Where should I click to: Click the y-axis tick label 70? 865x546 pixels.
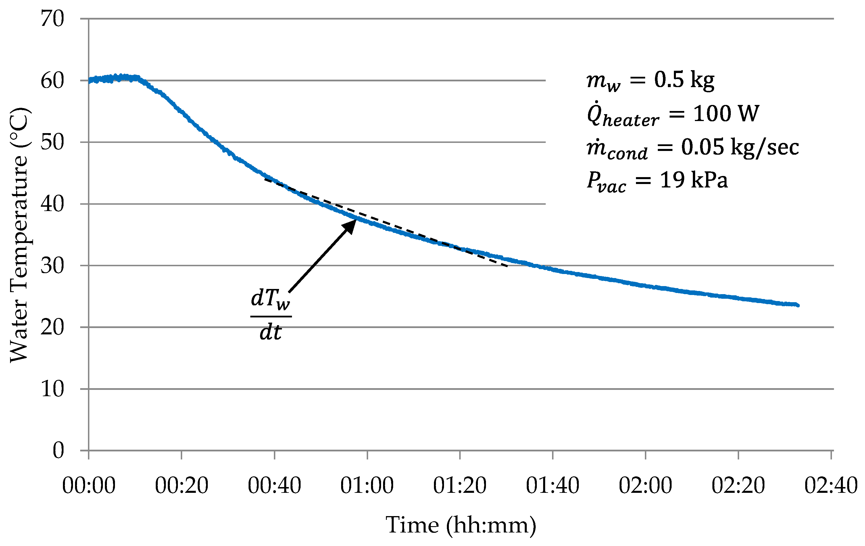click(x=52, y=19)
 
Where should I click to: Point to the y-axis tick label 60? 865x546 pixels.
click(x=52, y=81)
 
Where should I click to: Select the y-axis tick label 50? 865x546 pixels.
click(x=52, y=142)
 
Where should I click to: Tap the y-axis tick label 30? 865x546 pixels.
click(x=52, y=266)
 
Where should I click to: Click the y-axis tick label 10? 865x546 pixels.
click(x=52, y=389)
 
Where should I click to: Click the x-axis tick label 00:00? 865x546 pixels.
click(x=89, y=486)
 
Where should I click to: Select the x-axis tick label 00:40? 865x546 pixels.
click(x=274, y=486)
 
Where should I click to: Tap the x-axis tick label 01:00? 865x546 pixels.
click(x=367, y=486)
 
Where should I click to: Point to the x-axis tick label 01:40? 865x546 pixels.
click(x=552, y=486)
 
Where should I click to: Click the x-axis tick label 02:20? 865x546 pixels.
click(x=738, y=486)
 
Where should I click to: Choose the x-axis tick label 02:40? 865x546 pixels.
click(x=831, y=486)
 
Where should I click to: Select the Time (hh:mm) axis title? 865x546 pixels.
click(x=461, y=526)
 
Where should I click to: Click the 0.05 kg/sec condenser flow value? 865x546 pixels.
click(x=740, y=147)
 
